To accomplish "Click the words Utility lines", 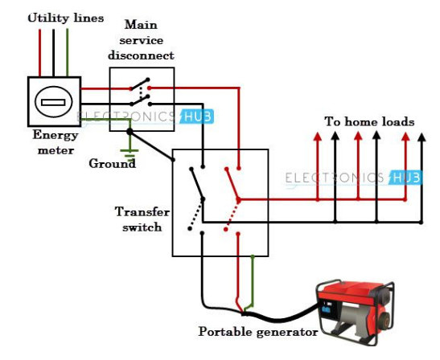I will [66, 18].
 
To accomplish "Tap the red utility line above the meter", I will [39, 53].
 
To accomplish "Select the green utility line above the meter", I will [68, 53].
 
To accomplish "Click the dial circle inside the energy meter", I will [53, 103].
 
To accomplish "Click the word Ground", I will [112, 163].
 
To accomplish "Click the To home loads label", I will [369, 121].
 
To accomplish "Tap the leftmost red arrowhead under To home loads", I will [318, 137].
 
